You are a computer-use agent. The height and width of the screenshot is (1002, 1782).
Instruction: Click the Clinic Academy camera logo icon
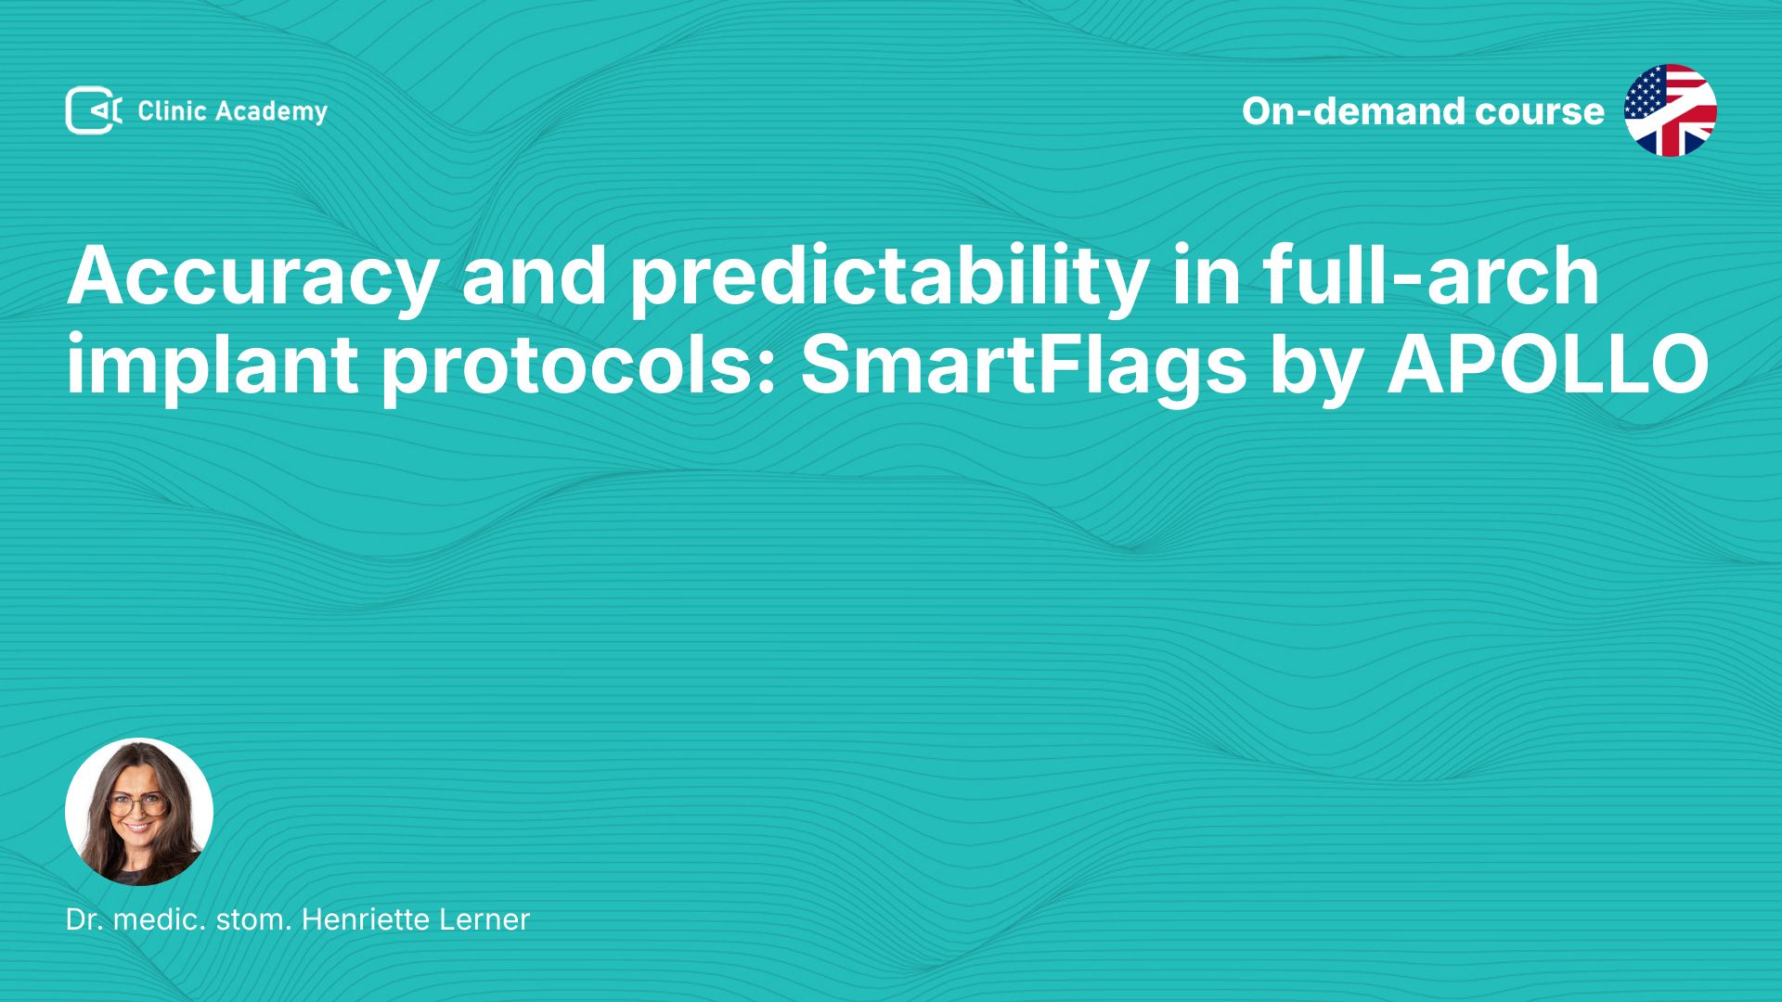[x=94, y=110]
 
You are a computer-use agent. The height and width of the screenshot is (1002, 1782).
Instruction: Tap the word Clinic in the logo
[x=172, y=111]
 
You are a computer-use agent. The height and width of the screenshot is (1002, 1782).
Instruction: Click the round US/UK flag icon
[x=1671, y=110]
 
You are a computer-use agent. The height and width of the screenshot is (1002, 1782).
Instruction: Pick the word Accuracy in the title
[x=251, y=279]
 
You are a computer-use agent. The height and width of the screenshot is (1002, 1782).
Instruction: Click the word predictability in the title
[x=889, y=279]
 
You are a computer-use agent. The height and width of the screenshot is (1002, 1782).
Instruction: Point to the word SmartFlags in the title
[x=1024, y=367]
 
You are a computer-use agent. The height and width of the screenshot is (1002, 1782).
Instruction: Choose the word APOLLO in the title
[x=1547, y=364]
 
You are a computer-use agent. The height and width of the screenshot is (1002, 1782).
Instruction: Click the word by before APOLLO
[x=1316, y=367]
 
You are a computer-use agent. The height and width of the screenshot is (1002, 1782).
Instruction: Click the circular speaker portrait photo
[x=139, y=812]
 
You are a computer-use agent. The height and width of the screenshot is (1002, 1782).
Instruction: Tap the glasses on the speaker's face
[x=137, y=804]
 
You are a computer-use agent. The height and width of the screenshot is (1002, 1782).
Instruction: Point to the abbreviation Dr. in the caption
[x=84, y=919]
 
